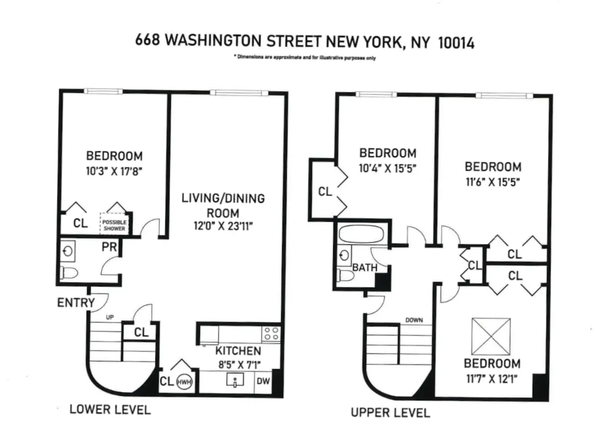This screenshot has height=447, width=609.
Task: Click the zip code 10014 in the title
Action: point(456,43)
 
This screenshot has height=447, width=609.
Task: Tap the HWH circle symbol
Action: point(184,382)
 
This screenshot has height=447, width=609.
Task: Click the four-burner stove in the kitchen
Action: point(271,333)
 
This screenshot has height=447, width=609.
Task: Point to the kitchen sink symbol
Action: point(234,381)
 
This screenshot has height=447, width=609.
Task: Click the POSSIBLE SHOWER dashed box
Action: point(114,226)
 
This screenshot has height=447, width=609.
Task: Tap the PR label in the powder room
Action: point(109,247)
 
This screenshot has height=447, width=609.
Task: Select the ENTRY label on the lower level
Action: point(76,302)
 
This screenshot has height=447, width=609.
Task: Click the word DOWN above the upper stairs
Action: point(413,320)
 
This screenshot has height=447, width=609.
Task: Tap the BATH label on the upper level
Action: point(364,268)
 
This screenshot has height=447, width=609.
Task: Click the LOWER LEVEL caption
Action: point(110,409)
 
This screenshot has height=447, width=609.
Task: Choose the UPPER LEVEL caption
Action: point(390,412)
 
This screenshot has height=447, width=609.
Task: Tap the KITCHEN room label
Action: point(238,351)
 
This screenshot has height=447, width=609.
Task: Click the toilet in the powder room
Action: point(69,272)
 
